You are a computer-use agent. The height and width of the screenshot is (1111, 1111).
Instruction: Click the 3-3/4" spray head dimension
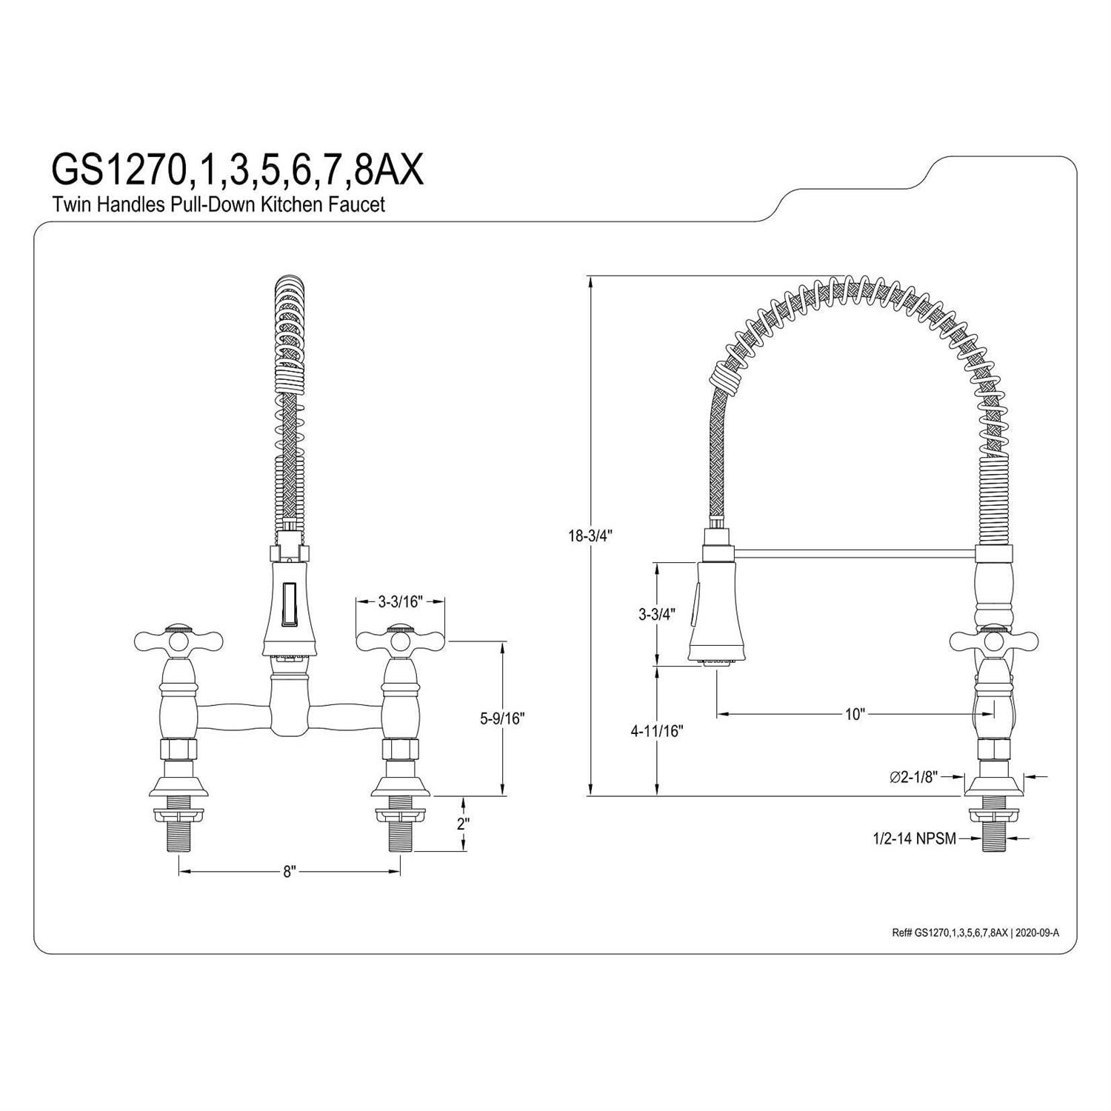click(655, 614)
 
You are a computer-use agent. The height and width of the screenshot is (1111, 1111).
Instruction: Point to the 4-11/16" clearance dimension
click(656, 731)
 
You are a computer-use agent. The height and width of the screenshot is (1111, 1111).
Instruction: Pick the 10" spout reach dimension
click(855, 714)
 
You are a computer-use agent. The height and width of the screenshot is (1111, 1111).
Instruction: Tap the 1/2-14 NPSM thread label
click(914, 838)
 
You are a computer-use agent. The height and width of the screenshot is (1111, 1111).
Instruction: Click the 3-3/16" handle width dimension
click(400, 601)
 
